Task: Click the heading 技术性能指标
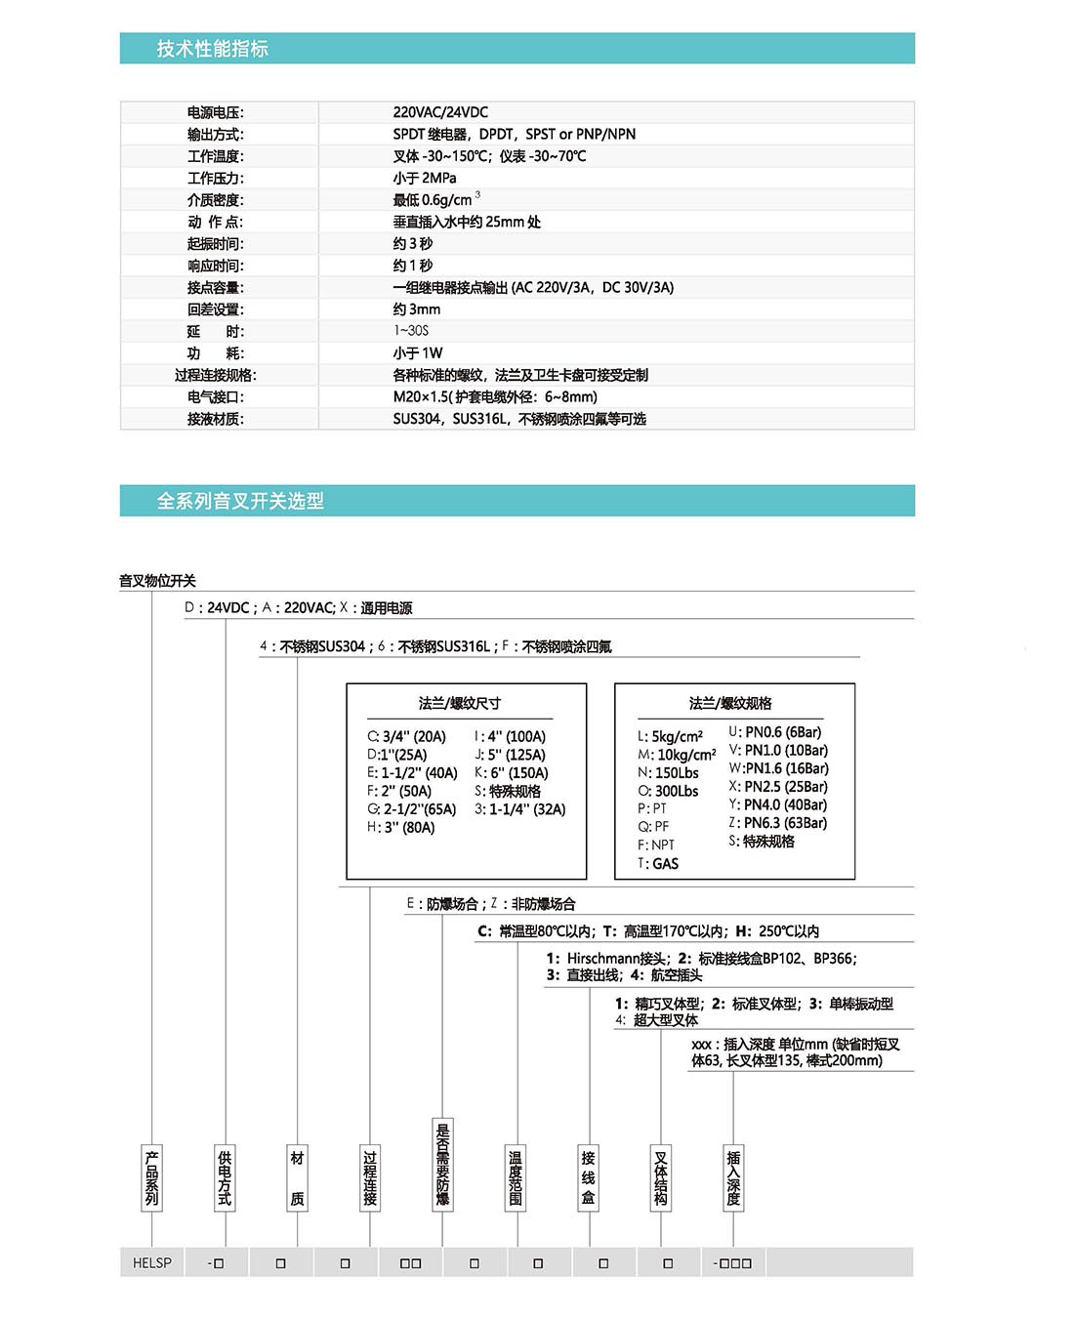(x=212, y=49)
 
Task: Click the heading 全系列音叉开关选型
(x=240, y=501)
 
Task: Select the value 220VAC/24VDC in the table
(x=440, y=112)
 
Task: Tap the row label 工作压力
(x=216, y=178)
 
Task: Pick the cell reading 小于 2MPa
(x=424, y=178)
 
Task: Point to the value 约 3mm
(x=417, y=309)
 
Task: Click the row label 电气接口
(x=216, y=397)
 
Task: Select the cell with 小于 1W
(x=418, y=353)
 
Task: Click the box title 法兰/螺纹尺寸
(x=459, y=703)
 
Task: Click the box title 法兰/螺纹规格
(x=730, y=703)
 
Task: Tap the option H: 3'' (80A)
(x=401, y=828)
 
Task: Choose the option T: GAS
(x=658, y=864)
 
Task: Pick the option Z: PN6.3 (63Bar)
(x=778, y=823)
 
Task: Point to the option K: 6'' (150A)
(x=512, y=773)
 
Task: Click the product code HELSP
(x=152, y=1262)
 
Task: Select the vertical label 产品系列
(x=151, y=1178)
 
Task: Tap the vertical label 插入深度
(x=733, y=1178)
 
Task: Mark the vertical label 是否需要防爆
(x=442, y=1164)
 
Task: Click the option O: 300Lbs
(x=668, y=792)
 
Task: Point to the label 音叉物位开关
(x=157, y=581)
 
